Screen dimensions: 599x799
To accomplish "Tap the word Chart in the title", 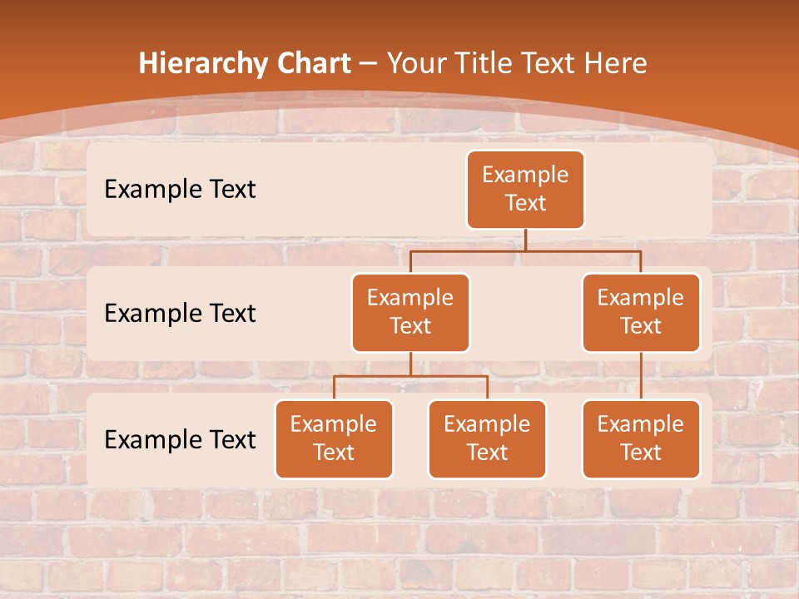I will pos(309,64).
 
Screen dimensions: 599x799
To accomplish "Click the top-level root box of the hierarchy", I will pos(525,190).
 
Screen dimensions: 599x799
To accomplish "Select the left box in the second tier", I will pos(410,313).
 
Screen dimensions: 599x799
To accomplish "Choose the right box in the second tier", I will pos(641,313).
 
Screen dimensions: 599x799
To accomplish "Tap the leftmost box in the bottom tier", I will pos(334,439).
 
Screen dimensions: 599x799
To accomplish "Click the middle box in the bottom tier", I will pos(487,439).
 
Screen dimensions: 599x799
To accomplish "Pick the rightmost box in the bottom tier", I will pos(641,439).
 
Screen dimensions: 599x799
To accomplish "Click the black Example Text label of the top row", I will pos(180,190).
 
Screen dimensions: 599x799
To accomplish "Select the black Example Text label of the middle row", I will pos(180,314).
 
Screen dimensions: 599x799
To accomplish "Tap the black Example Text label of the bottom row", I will pos(180,439).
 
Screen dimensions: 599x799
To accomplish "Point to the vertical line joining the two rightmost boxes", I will pos(641,376).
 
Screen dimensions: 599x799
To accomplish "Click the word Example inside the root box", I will pos(525,176).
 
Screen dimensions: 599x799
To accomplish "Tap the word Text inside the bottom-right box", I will pos(641,453).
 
